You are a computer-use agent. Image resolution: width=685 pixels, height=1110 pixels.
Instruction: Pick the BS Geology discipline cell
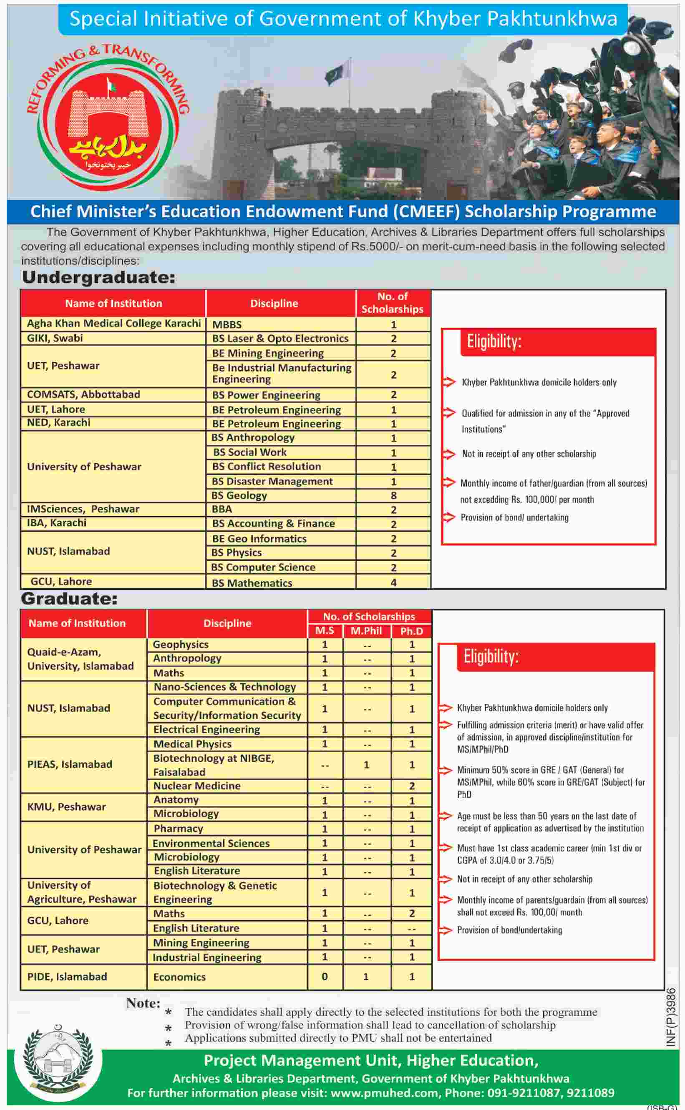[239, 495]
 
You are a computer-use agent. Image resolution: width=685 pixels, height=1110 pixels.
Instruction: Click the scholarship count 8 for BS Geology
[393, 495]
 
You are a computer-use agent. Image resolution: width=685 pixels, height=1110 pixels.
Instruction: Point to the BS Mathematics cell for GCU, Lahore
[252, 583]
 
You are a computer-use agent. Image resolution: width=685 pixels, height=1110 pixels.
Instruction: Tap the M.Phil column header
[366, 630]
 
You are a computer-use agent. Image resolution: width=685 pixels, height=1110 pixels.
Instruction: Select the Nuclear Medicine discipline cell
[196, 786]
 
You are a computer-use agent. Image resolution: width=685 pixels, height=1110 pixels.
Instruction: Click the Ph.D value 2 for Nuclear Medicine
[411, 786]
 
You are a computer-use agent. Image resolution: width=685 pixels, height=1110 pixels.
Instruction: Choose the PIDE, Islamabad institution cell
[67, 977]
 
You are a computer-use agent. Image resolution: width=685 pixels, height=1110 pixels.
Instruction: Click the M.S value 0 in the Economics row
[325, 977]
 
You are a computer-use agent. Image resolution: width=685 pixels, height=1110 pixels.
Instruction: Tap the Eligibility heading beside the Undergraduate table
[494, 342]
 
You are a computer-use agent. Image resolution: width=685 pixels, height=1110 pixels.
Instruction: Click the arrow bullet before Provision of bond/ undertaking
[448, 517]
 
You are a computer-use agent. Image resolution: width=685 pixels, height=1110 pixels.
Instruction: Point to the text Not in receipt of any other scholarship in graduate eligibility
[524, 879]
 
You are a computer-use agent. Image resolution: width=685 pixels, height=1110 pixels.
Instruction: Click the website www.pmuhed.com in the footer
[385, 1093]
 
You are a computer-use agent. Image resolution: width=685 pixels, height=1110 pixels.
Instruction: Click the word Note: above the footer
[143, 1003]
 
